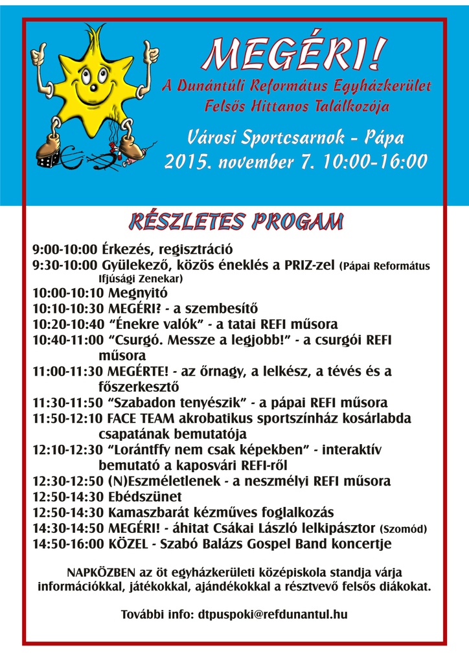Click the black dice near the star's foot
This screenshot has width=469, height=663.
[45, 155]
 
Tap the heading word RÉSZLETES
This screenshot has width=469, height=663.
[185, 221]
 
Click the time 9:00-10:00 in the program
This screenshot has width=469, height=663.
[65, 249]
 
